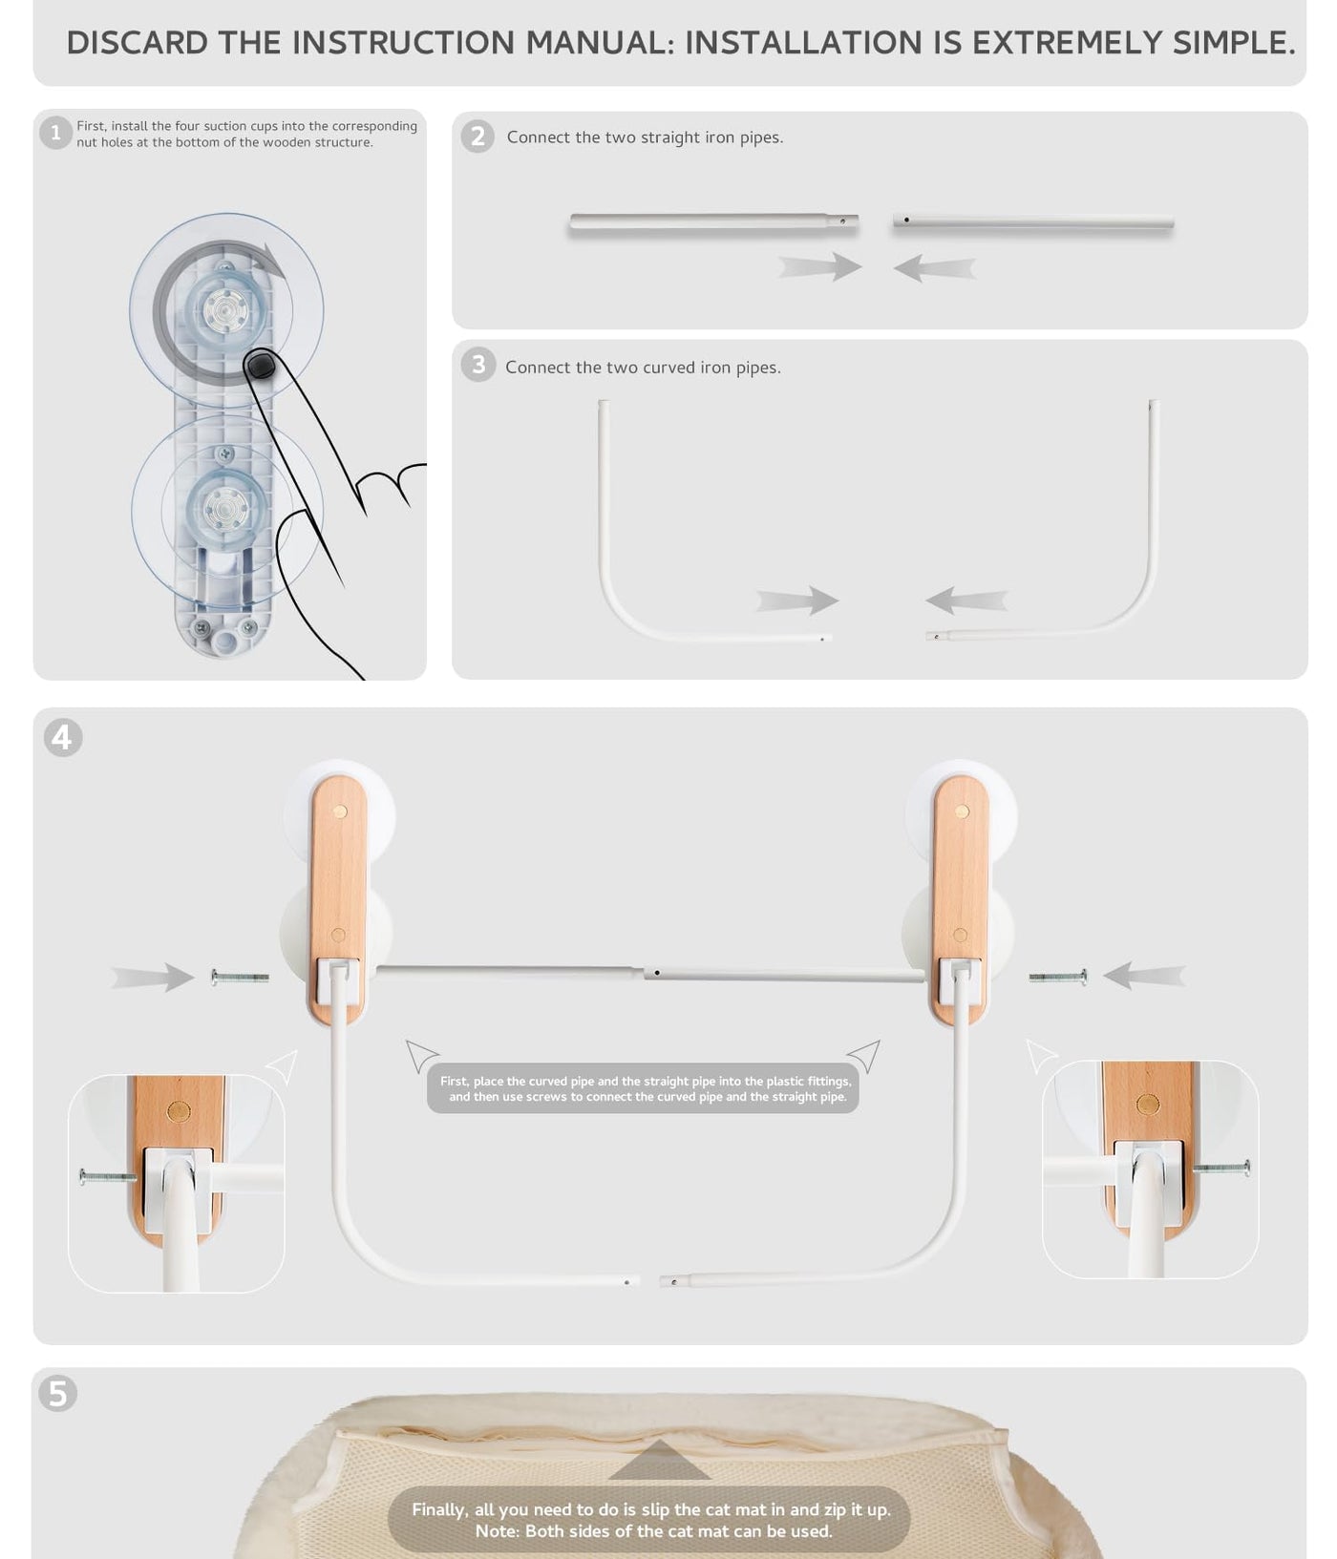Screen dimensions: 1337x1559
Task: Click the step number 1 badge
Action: coord(55,133)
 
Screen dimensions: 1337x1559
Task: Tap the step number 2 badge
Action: coord(477,137)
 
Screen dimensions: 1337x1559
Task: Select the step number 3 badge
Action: coord(477,365)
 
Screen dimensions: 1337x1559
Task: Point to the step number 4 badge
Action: coord(63,737)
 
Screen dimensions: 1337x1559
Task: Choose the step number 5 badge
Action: coord(58,1393)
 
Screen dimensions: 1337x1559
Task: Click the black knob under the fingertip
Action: coord(260,365)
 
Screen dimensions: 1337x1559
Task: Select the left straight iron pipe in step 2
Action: coord(713,222)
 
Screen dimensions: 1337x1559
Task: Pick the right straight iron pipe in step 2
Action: coord(1032,222)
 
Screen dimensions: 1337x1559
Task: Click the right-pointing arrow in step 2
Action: coord(819,266)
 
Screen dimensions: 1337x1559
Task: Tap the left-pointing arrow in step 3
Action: coord(966,600)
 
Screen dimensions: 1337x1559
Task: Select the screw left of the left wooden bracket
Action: coord(240,977)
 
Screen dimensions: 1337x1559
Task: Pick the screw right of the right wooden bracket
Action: coord(1058,977)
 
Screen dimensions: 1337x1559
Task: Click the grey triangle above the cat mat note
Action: coord(659,1461)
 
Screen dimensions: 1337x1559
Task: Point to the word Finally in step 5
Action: coord(439,1509)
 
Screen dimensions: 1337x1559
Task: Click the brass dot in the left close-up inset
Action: coord(179,1110)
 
